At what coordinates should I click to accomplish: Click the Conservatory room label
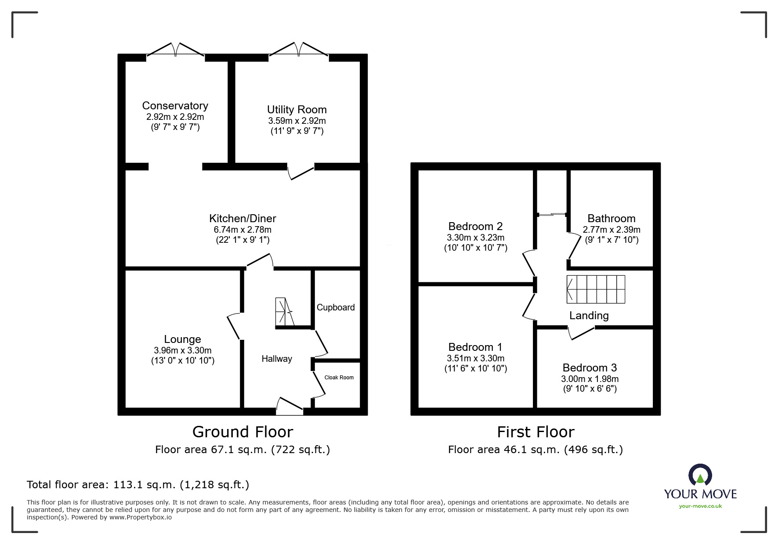(175, 106)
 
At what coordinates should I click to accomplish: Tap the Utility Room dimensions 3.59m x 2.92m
(297, 121)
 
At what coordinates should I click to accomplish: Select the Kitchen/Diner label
(242, 218)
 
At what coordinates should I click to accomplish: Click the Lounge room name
(182, 339)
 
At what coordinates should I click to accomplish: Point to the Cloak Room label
(339, 378)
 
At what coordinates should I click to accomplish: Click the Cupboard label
(336, 307)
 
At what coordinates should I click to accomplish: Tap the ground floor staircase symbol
(284, 312)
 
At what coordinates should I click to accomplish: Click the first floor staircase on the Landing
(596, 289)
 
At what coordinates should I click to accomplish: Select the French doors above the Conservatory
(175, 49)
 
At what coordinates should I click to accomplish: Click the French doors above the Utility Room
(299, 49)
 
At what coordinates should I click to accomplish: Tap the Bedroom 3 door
(581, 333)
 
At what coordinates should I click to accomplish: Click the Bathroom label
(611, 218)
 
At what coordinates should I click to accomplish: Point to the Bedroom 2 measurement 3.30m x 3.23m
(475, 238)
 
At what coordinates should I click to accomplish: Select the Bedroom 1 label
(475, 347)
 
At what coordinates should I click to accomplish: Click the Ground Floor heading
(242, 432)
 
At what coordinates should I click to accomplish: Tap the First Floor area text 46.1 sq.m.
(535, 450)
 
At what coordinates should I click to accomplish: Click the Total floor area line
(138, 485)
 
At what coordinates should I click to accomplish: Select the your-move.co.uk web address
(700, 506)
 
